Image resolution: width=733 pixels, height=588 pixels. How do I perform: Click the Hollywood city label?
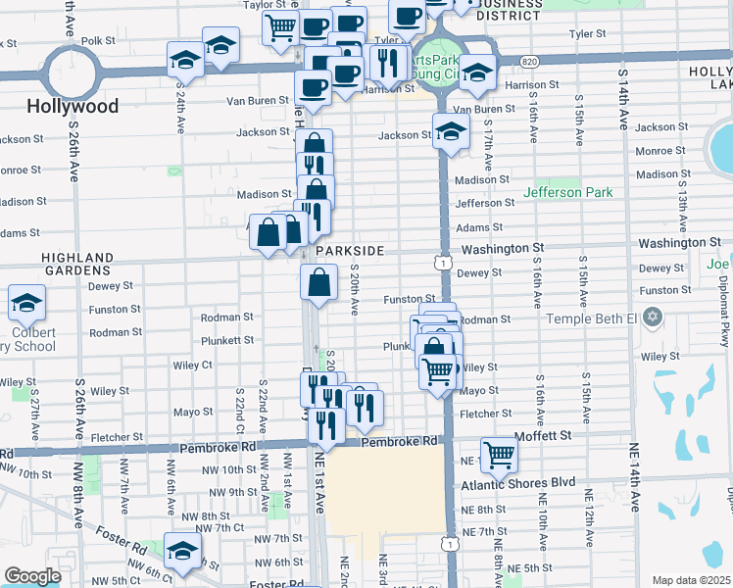73,106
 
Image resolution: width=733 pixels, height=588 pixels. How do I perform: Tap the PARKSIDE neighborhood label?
349,251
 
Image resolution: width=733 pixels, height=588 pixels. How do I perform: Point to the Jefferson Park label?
568,192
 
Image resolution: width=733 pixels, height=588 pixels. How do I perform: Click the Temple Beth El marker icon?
655,318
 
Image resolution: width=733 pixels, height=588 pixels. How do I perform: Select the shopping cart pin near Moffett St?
500,454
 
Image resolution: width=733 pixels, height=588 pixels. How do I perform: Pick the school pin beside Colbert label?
26,303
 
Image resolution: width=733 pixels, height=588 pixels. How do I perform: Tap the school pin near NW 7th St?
182,550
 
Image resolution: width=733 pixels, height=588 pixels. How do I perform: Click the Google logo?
32,576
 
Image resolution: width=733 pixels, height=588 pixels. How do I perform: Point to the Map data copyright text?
692,580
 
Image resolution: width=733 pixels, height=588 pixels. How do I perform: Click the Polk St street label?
98,41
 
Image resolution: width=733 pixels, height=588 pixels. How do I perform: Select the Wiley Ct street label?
192,365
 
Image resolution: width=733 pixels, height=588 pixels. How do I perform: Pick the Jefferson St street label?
485,203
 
